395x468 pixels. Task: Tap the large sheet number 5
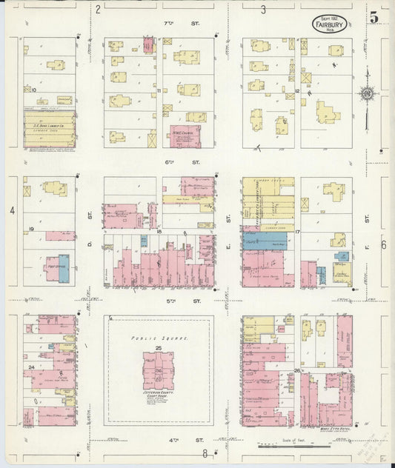(x=374, y=16)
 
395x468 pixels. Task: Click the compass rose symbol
(x=365, y=93)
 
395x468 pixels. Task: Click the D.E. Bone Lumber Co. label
(x=50, y=127)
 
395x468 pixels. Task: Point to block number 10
(x=34, y=90)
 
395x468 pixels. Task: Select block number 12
(x=296, y=91)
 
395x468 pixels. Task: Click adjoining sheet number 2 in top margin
(x=98, y=10)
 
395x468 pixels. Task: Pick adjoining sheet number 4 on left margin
(x=12, y=210)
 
